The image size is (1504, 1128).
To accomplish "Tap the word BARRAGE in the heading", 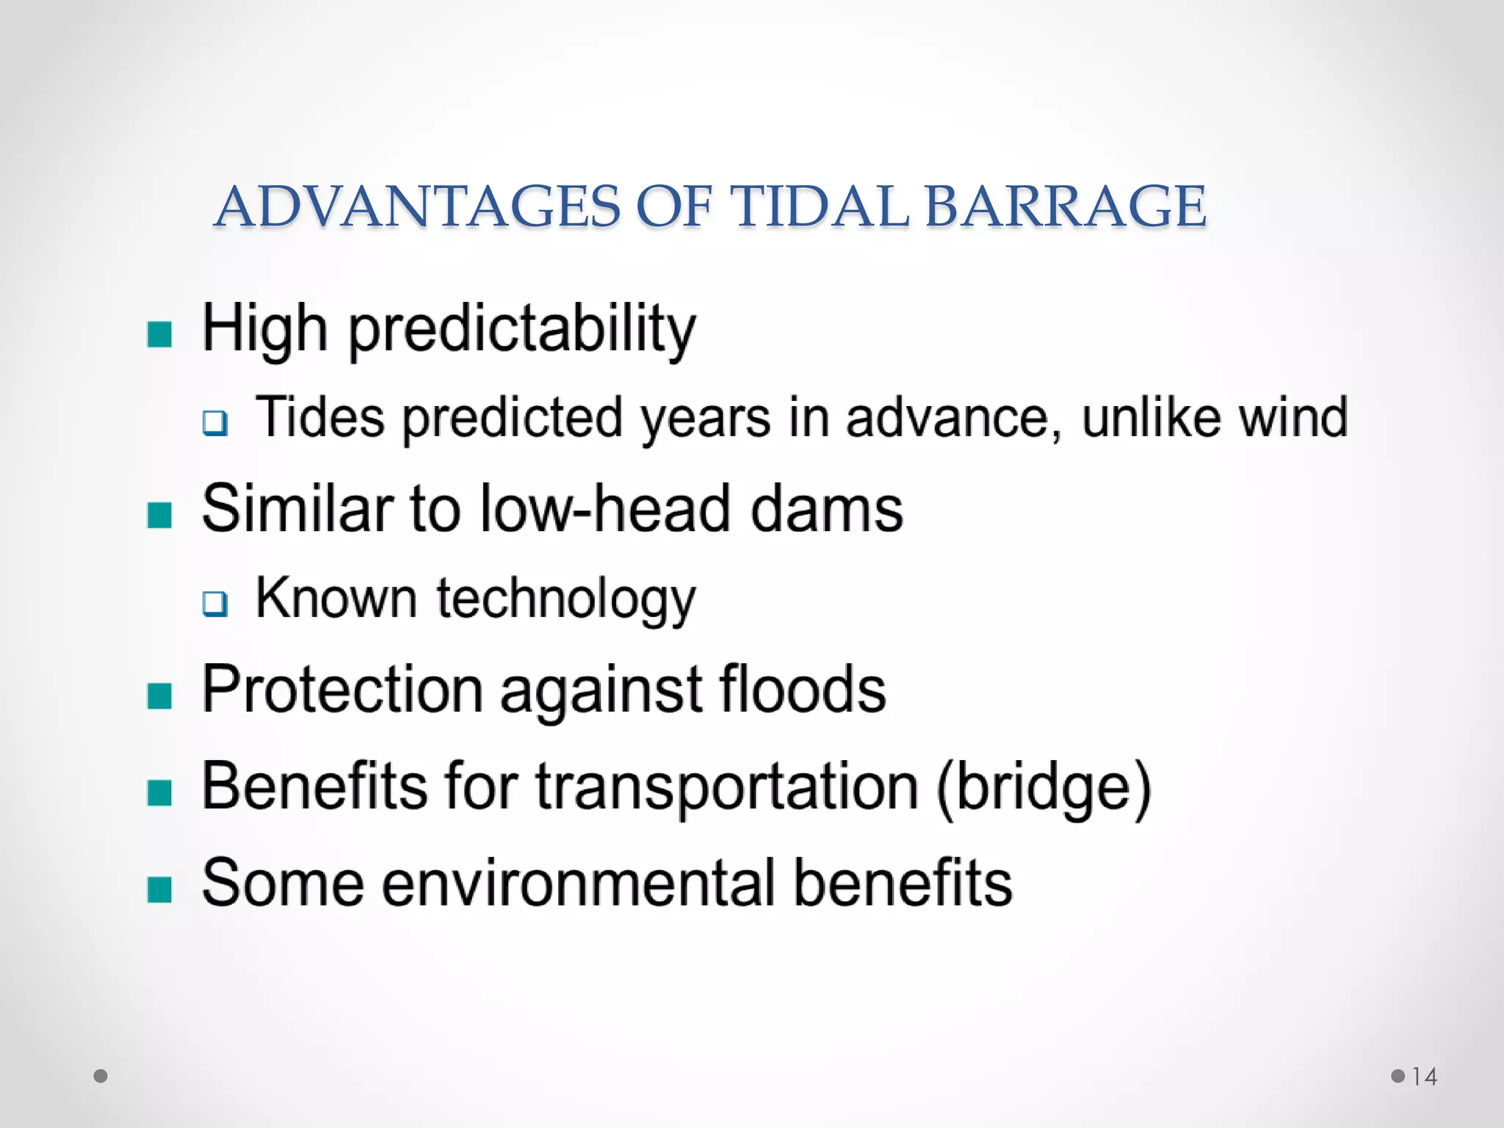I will click(1065, 207).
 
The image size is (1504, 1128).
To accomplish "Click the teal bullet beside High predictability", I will click(159, 334).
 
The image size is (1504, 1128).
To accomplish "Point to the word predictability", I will click(521, 330).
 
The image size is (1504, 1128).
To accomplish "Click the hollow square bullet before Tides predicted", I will click(215, 423).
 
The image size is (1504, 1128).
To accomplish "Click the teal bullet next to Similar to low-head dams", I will click(159, 515).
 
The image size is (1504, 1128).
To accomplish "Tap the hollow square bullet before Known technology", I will click(215, 604).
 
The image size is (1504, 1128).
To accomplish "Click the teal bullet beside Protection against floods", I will click(159, 695).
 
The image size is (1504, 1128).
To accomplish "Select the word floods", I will click(802, 690).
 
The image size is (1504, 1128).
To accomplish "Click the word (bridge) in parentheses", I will click(1043, 788).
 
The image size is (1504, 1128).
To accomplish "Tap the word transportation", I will click(727, 788).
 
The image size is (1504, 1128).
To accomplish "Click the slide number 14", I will click(1424, 1077).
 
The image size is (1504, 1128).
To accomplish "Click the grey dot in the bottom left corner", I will click(101, 1077).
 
